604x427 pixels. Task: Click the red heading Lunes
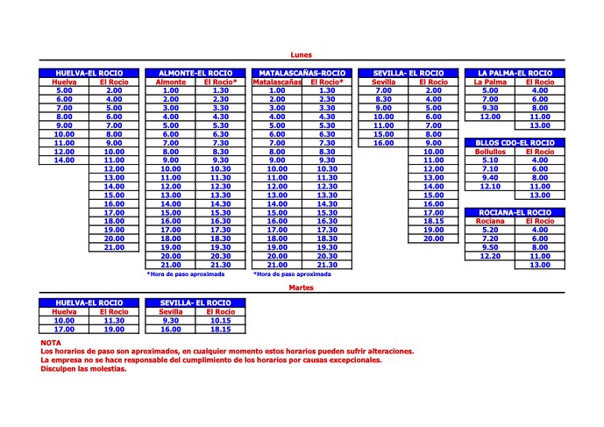pos(302,55)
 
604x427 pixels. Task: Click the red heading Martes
pos(302,287)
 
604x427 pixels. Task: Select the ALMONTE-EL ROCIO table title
pos(195,73)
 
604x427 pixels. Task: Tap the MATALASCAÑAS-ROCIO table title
pos(302,73)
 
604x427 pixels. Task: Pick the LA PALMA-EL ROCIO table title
pos(515,73)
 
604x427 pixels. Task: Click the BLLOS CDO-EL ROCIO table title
pos(515,142)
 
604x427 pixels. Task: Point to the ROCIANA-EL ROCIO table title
pos(515,212)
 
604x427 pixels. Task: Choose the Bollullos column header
pos(490,152)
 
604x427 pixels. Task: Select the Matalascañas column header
pos(277,82)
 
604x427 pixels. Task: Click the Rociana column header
pos(490,221)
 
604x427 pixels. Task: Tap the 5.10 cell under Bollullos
pos(490,160)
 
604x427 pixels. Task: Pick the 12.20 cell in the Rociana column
pos(490,256)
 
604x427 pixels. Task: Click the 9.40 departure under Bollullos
pos(490,178)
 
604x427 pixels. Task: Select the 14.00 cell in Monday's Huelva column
pos(64,160)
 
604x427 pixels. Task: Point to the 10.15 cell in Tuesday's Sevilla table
pos(220,320)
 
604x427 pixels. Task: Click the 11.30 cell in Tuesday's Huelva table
pos(114,320)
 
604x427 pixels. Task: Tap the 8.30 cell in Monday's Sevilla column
pos(384,99)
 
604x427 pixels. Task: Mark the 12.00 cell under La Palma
pos(490,117)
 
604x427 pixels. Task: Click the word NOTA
pos(51,343)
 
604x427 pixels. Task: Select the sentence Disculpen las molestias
pos(83,368)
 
